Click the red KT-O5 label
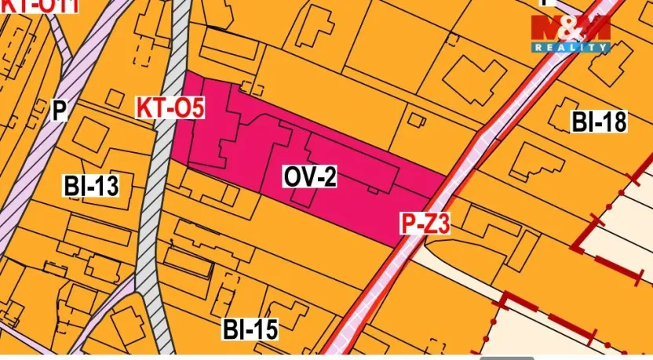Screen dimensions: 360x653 170,107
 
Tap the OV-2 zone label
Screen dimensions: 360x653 310,178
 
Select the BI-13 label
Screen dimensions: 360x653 91,186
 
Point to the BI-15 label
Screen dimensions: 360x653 250,329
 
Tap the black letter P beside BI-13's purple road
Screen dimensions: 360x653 59,110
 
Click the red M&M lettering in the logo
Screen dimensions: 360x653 570,29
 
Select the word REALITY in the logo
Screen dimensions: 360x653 571,48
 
